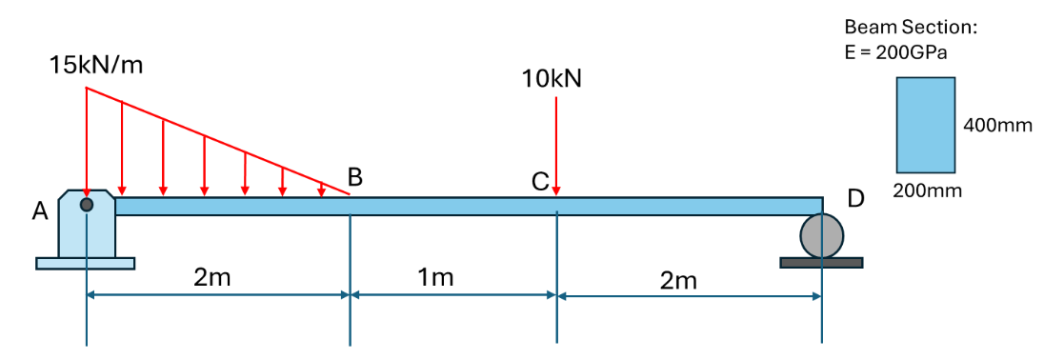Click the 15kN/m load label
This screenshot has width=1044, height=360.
coord(96,66)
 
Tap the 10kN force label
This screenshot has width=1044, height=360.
coord(551,78)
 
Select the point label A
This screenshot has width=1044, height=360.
coord(41,211)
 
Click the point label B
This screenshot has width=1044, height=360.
coord(355,177)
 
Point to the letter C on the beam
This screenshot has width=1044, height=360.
coord(540,181)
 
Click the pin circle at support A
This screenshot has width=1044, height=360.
coord(87,205)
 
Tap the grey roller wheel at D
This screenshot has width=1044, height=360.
coord(822,235)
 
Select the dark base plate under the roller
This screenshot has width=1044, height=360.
coord(821,263)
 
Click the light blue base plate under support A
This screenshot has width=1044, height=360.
coord(85,264)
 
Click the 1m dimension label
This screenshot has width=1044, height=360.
coord(436,277)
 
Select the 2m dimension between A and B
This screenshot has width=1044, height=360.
coord(211,277)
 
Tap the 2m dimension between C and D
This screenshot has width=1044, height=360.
coord(678,282)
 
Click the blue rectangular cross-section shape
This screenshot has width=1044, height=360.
coord(926,125)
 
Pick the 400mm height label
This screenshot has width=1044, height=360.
coord(996,125)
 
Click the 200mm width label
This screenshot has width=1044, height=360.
coord(929,191)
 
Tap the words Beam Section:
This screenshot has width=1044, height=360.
coord(911,28)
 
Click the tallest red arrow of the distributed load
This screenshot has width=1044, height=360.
coord(87,142)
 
